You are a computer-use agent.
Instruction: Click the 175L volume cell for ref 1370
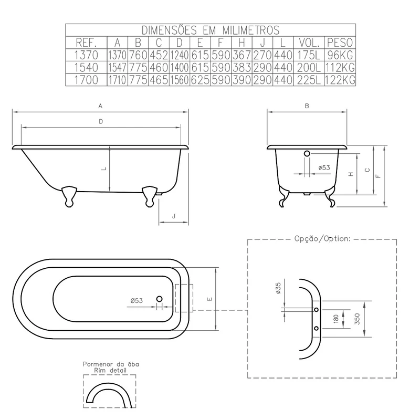pyautogui.click(x=309, y=55)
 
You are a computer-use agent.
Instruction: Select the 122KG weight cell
pyautogui.click(x=340, y=80)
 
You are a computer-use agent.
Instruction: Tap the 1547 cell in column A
pyautogui.click(x=117, y=68)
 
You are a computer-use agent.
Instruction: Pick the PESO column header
pyautogui.click(x=340, y=43)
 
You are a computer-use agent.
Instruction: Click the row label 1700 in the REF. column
pyautogui.click(x=86, y=80)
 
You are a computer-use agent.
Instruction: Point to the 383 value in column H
pyautogui.click(x=241, y=68)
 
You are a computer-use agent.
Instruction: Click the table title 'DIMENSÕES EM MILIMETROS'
pyautogui.click(x=211, y=30)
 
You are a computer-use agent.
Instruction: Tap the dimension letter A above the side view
pyautogui.click(x=100, y=106)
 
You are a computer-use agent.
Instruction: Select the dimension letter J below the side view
pyautogui.click(x=174, y=216)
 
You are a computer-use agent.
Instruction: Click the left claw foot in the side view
pyautogui.click(x=69, y=196)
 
